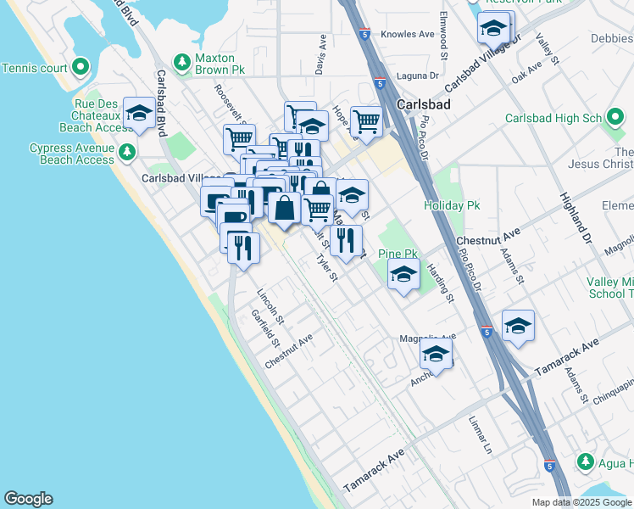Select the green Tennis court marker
point(81,66)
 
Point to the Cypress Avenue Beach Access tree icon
point(127,153)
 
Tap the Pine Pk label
point(398,254)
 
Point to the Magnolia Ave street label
point(428,338)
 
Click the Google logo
point(28,499)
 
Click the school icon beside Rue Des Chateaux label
point(138,113)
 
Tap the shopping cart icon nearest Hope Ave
point(365,120)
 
